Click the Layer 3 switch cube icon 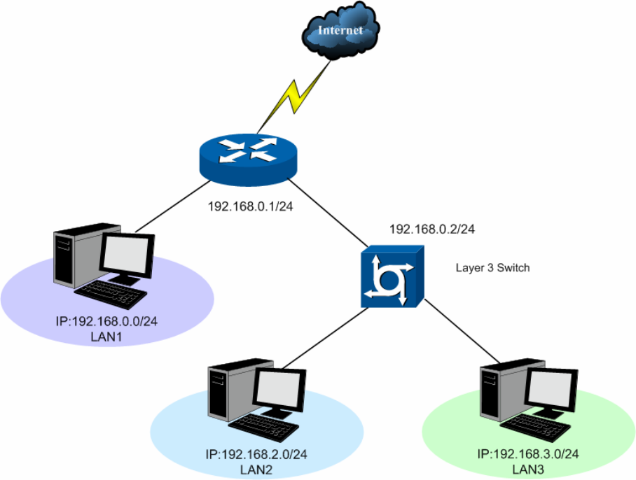(392, 278)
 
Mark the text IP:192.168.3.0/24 (527, 454)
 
